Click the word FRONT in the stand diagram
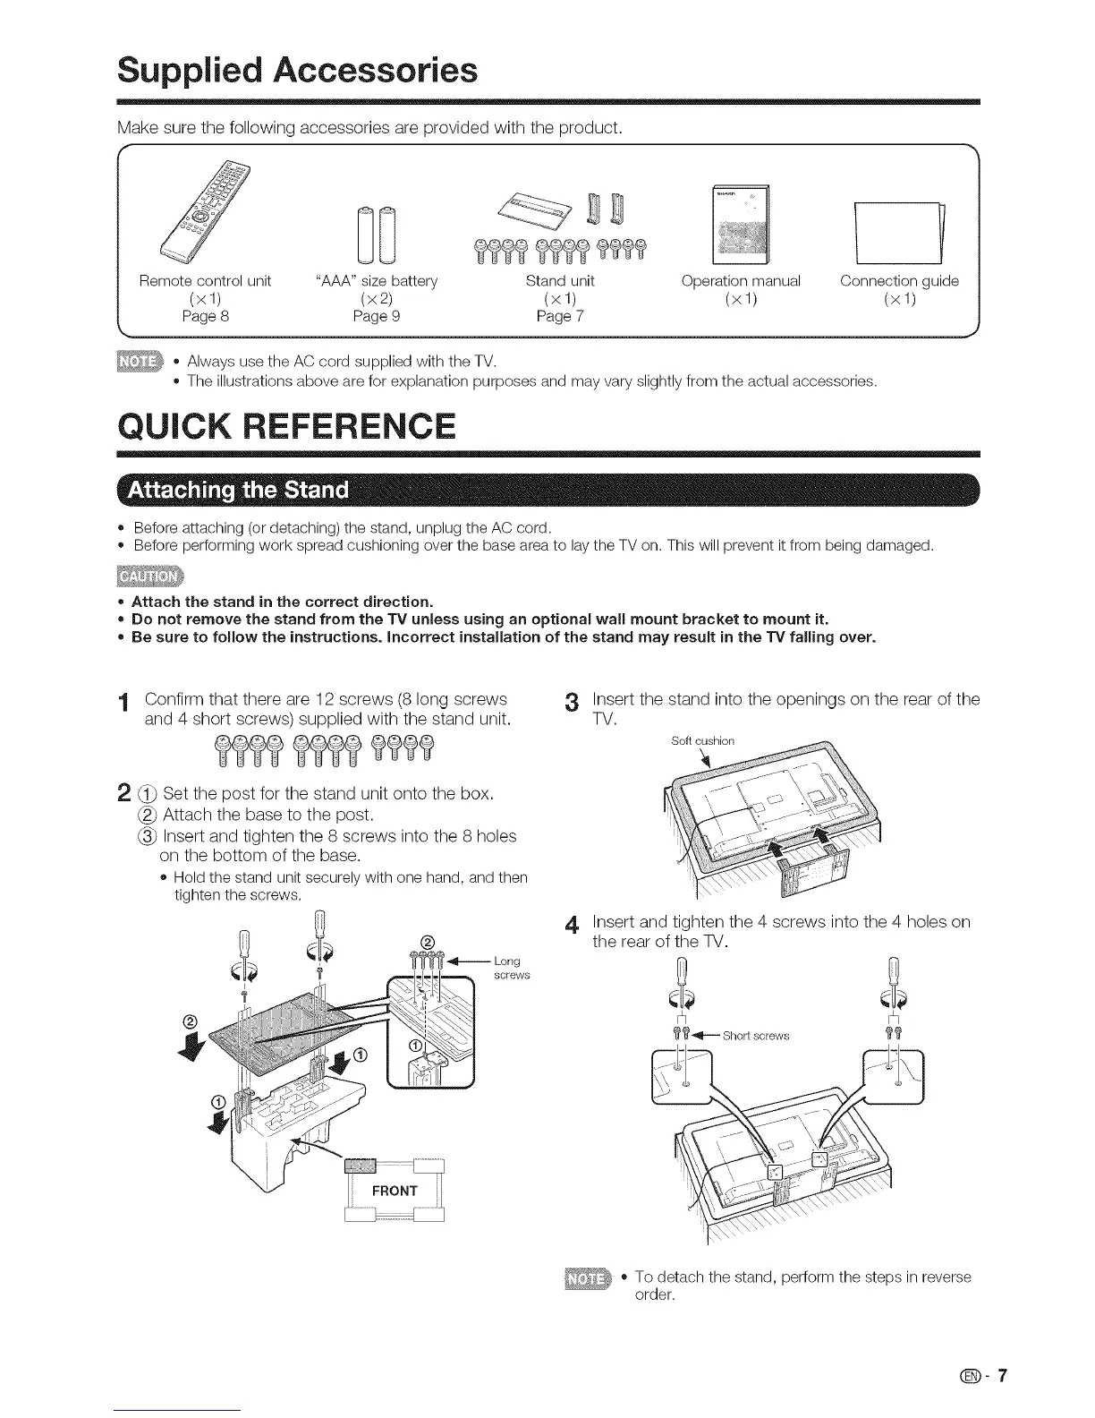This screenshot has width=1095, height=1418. (x=395, y=1190)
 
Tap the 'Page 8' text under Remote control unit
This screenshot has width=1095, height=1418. (x=205, y=315)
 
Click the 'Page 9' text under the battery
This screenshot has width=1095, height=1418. (x=377, y=315)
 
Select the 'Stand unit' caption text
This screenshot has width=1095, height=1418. (x=560, y=281)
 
